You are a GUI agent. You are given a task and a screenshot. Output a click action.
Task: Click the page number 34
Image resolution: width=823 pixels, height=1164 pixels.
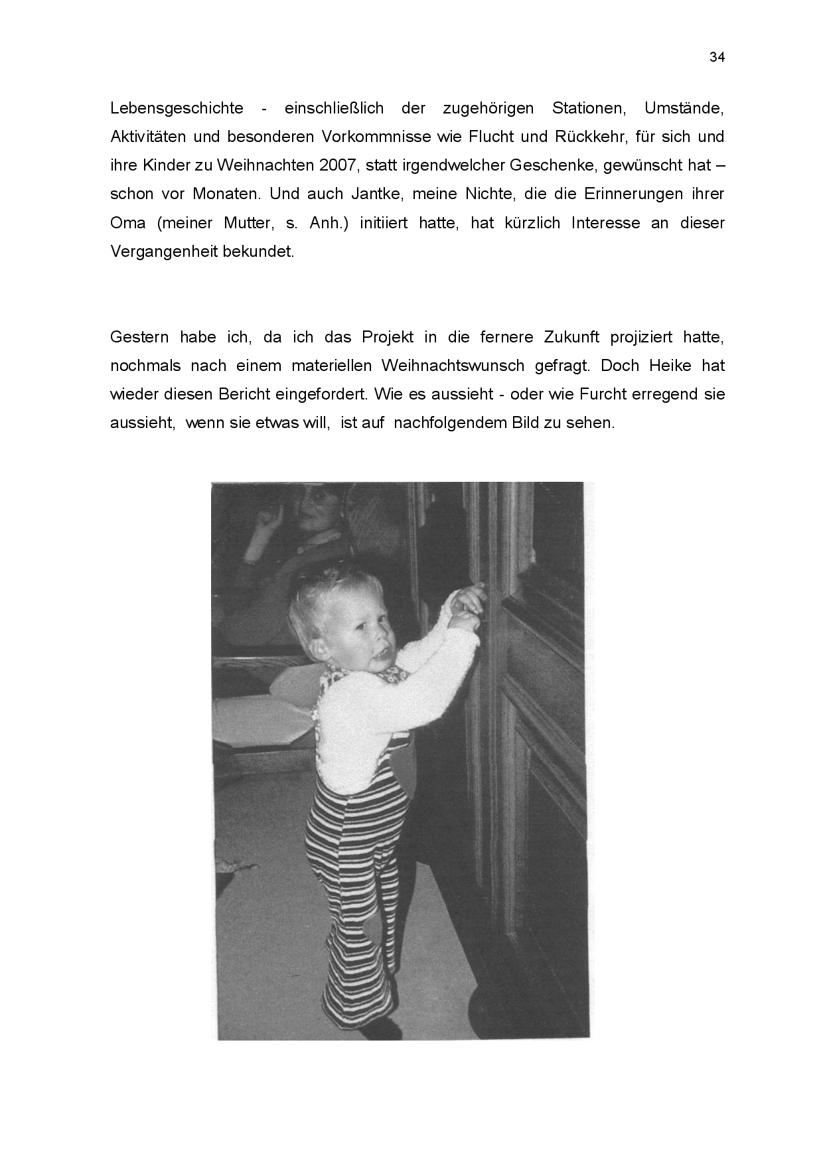pos(717,57)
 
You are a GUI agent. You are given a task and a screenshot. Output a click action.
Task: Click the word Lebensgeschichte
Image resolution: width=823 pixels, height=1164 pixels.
pos(177,108)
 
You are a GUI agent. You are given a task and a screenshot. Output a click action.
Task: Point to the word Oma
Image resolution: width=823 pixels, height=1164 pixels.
pos(128,223)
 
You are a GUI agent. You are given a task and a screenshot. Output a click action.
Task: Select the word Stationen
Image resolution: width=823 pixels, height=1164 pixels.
pos(588,108)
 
